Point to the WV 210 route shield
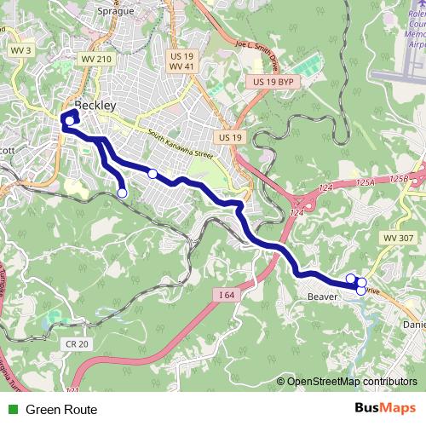tap(96, 59)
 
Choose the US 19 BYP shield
tap(273, 81)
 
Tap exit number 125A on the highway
tap(366, 181)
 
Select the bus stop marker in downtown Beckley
tap(69, 120)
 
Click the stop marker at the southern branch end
tap(122, 193)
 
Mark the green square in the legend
tap(12, 410)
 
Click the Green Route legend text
tap(61, 410)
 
